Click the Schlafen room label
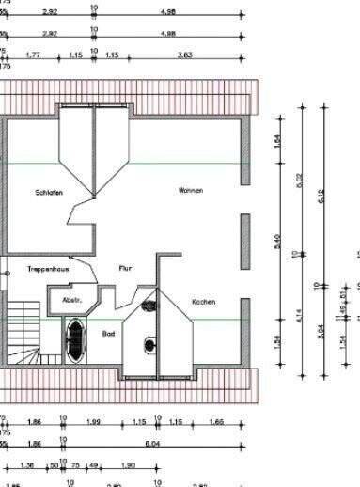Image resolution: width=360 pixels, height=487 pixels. (x=49, y=193)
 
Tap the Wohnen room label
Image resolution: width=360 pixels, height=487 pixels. (x=191, y=190)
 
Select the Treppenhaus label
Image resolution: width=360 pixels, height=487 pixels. (x=44, y=268)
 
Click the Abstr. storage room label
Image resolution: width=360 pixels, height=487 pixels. (x=72, y=301)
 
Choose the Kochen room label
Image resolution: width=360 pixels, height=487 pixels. (x=203, y=302)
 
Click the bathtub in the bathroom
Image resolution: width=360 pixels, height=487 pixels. (x=73, y=334)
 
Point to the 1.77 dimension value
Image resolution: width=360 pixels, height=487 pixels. (x=33, y=55)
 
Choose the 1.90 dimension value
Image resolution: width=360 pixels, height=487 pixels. (x=129, y=464)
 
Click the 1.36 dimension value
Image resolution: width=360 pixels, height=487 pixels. (x=26, y=464)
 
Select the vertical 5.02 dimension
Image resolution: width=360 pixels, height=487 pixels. (x=300, y=180)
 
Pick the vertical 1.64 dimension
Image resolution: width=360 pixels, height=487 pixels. (x=277, y=141)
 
